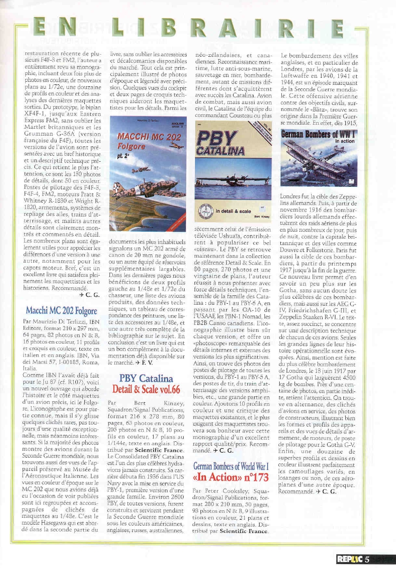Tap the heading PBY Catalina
(x=146, y=379)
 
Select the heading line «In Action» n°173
(x=231, y=477)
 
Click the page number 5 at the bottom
(x=367, y=559)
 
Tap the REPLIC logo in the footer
(x=349, y=559)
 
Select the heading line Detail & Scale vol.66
(x=146, y=390)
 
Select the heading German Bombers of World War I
(x=231, y=466)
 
